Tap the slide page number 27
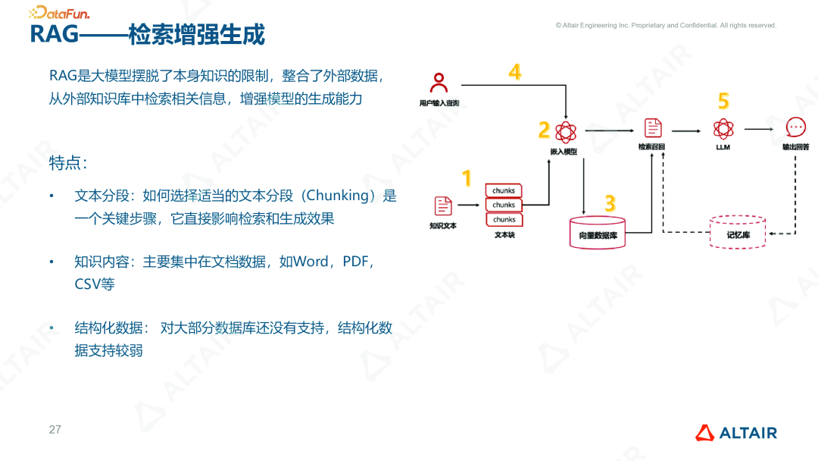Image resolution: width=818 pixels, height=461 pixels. (55, 430)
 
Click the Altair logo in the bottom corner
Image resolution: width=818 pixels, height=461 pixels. (736, 433)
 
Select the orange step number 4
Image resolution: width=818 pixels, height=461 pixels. (515, 72)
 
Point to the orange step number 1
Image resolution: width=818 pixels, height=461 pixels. (467, 178)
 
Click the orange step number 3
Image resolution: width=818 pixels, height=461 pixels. (610, 203)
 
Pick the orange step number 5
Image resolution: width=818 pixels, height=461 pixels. (723, 101)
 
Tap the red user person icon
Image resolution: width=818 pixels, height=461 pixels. (439, 82)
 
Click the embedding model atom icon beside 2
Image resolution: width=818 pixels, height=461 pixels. (565, 132)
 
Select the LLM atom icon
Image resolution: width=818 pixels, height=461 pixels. (723, 129)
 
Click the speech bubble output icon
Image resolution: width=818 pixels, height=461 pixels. (795, 127)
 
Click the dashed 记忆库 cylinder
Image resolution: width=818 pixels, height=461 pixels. (738, 231)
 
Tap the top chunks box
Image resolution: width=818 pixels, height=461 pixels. (504, 191)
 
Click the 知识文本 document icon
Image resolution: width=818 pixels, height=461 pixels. (443, 205)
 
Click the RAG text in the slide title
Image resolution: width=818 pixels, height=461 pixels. (53, 34)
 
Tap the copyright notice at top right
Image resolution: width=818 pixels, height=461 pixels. (666, 25)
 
